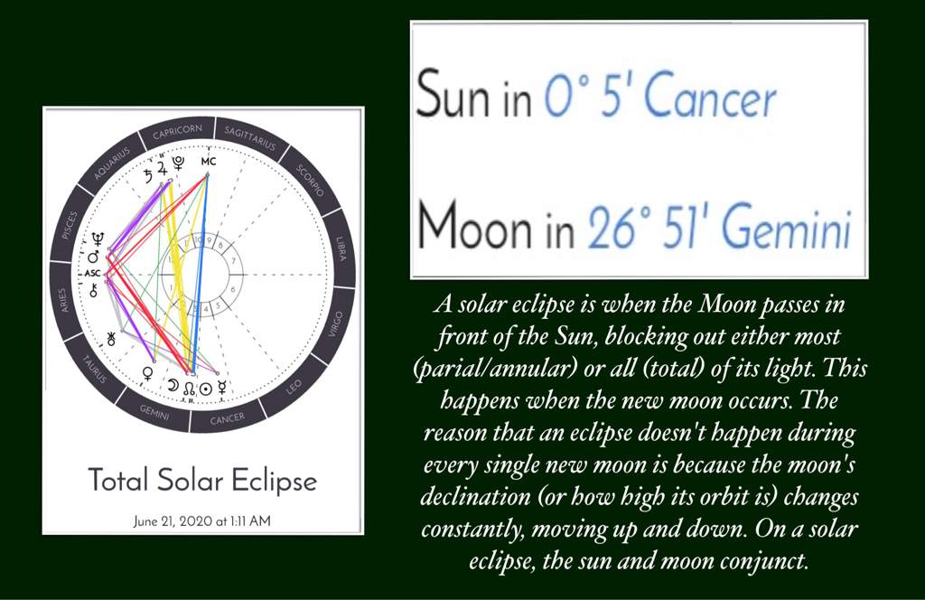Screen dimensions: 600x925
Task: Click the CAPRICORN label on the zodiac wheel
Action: [177, 132]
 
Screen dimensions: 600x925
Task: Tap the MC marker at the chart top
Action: [209, 162]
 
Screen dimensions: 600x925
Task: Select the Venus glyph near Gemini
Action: [148, 371]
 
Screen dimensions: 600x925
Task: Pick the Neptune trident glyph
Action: [95, 240]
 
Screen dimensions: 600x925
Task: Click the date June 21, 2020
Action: [172, 521]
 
